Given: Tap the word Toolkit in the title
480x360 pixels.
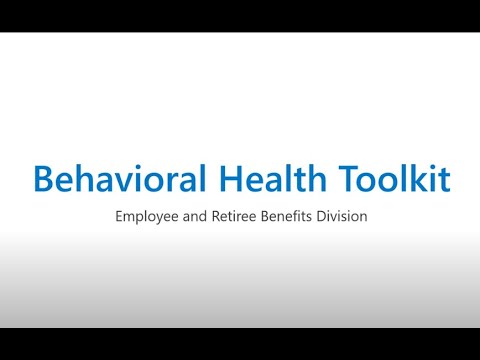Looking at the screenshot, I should pos(393,179).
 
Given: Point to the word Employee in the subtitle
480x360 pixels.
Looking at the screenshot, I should pos(146,216).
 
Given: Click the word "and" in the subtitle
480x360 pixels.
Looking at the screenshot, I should pos(200,215).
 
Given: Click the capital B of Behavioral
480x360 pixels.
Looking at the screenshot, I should pos(43,179).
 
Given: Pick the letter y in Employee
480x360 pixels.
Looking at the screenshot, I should pos(160,218).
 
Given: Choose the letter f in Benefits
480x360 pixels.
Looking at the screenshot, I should pos(304,215).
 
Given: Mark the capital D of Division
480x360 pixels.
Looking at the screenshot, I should pos(334,215).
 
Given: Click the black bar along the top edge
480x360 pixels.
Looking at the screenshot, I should pos(240,15).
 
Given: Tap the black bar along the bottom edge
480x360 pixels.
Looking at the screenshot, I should pos(240,344).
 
